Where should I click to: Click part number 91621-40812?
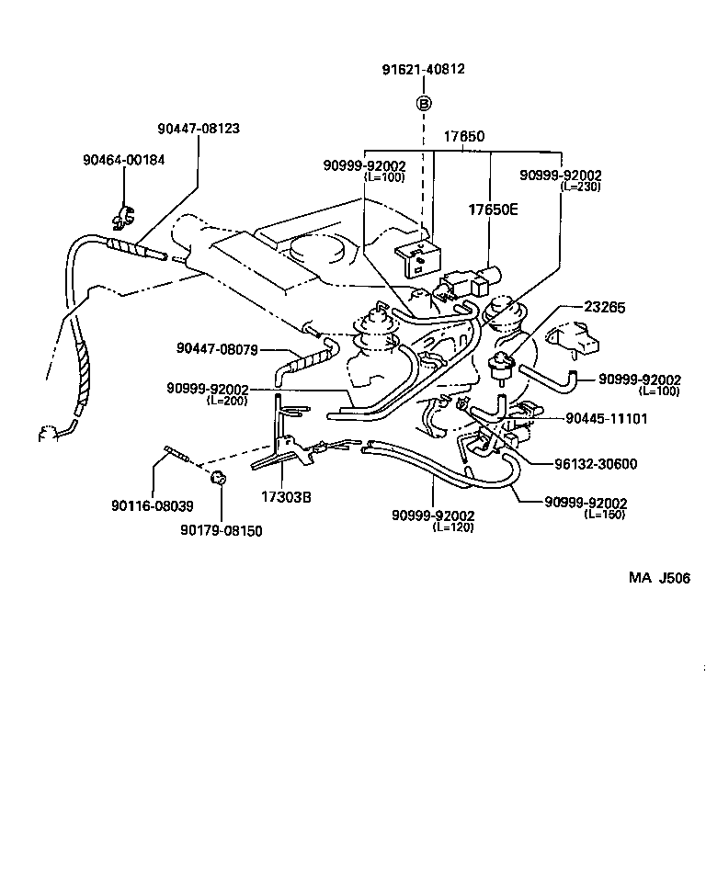[x=424, y=69]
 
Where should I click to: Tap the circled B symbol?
[x=424, y=103]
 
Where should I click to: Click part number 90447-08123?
[x=199, y=129]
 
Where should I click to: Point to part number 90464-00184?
[x=123, y=159]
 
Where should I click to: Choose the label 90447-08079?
[x=218, y=349]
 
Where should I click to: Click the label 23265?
[x=604, y=309]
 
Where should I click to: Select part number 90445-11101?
[x=606, y=418]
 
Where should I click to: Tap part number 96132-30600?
[x=595, y=464]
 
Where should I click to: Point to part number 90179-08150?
[x=221, y=530]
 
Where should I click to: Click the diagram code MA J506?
[x=659, y=577]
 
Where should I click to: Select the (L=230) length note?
[x=580, y=186]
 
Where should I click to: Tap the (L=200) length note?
[x=228, y=400]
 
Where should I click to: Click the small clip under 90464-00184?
[x=121, y=217]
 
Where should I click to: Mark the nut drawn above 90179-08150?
[x=219, y=477]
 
